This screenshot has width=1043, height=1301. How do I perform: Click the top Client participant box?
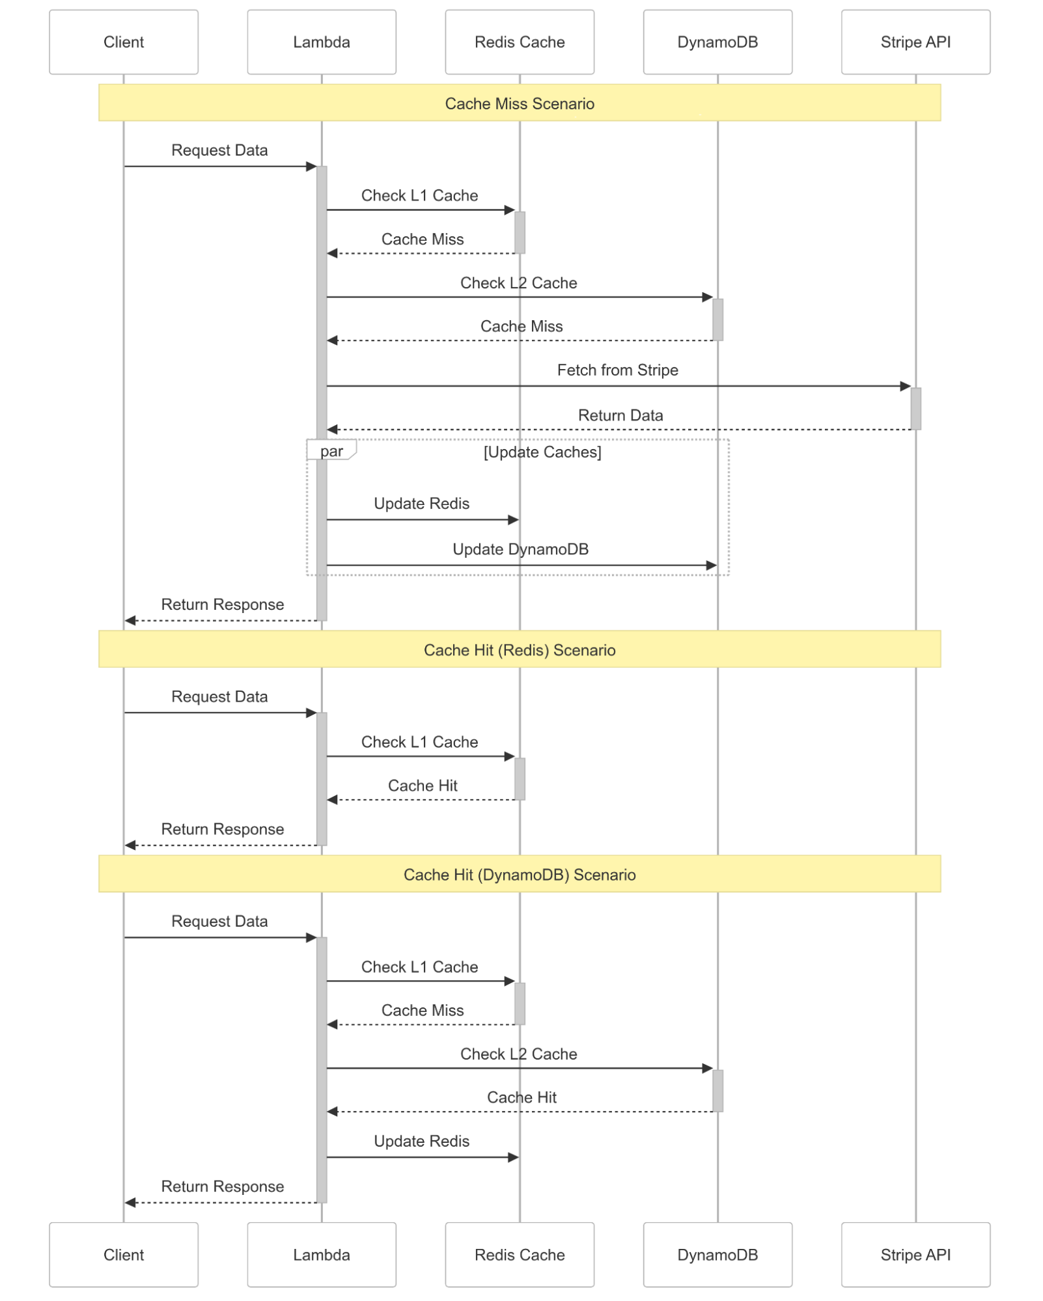[124, 42]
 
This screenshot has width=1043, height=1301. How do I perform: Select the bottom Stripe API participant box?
[915, 1254]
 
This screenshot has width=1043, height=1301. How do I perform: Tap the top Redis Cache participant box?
[520, 42]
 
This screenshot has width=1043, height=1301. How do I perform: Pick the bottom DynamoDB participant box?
[717, 1254]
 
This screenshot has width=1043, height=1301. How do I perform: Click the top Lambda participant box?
[322, 42]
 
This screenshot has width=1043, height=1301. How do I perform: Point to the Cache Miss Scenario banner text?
[520, 103]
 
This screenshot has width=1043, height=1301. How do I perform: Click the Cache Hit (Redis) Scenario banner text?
[520, 650]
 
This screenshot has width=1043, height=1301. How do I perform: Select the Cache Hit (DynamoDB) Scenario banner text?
[520, 875]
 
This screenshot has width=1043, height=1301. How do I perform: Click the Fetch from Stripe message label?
[618, 370]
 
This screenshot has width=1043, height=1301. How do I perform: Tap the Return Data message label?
[620, 415]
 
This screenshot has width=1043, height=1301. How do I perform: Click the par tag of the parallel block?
[331, 450]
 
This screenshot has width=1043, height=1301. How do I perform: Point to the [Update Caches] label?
[542, 452]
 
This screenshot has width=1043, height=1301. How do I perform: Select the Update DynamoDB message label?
[521, 549]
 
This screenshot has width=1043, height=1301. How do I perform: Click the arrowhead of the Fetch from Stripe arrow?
[905, 386]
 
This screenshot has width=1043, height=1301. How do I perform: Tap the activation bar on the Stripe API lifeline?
[915, 409]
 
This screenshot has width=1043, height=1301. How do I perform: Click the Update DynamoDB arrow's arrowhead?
[712, 566]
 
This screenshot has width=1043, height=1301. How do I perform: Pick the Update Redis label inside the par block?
[422, 504]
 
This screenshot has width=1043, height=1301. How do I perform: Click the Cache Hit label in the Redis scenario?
[423, 786]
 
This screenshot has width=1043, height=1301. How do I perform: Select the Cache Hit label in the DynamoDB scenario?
[521, 1097]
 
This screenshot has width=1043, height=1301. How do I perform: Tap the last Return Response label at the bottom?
[223, 1186]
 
